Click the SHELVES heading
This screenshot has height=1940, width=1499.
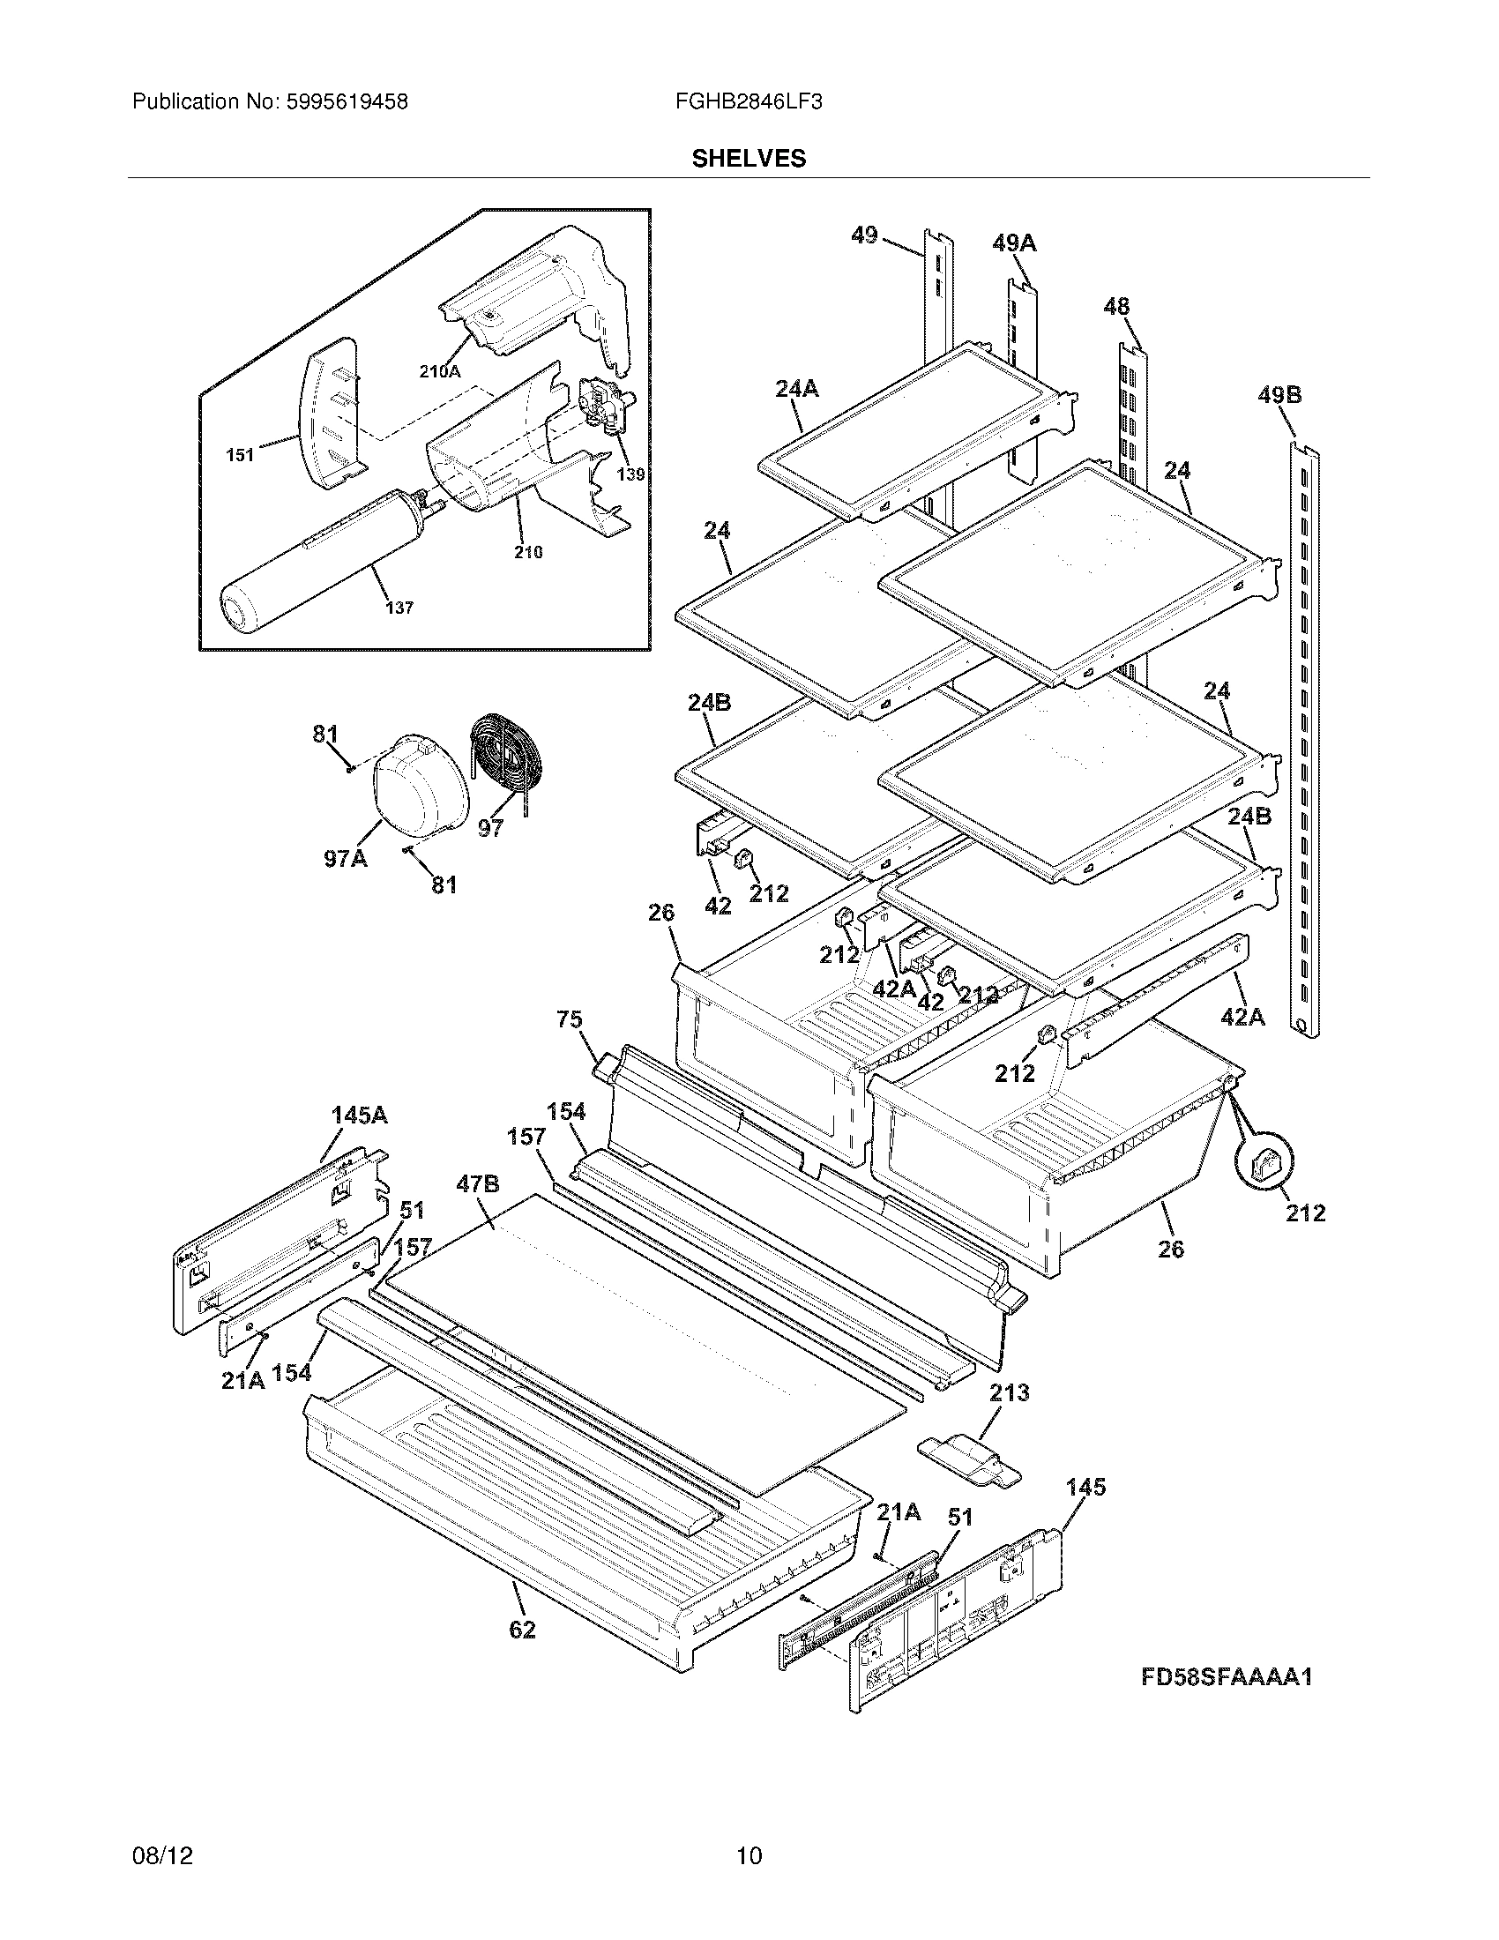(749, 158)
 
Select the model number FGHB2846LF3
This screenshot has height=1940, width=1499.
(749, 102)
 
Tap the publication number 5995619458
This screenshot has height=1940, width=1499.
(346, 102)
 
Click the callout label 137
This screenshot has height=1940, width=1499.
(399, 608)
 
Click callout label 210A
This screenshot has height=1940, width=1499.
(440, 372)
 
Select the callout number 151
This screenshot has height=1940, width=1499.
(240, 455)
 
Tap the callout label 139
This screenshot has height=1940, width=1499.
(630, 474)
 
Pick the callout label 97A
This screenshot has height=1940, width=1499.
(346, 858)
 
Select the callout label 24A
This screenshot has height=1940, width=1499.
(795, 388)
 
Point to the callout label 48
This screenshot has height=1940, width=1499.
(1116, 307)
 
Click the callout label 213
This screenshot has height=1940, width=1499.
(1009, 1392)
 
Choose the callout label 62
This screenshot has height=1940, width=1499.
(522, 1630)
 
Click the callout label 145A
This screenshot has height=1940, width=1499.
(359, 1115)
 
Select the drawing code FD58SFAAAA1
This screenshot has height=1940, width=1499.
(1227, 1677)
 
